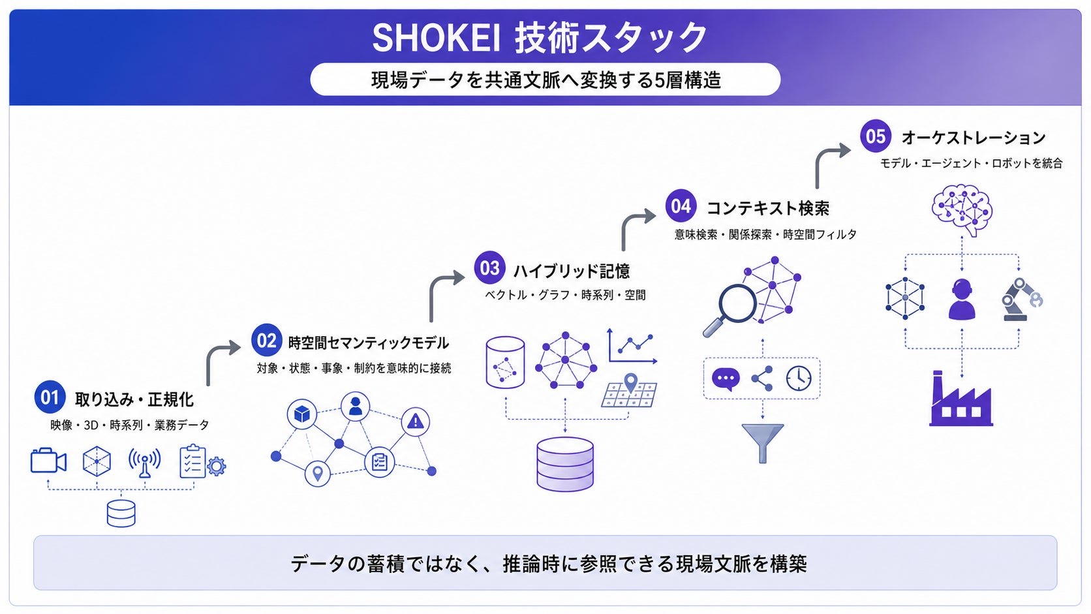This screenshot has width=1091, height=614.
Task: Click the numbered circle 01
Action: (50, 397)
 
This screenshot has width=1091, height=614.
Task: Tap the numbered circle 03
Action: (489, 268)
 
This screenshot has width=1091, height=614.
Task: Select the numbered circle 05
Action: (875, 136)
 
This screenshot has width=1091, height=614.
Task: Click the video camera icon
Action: (48, 461)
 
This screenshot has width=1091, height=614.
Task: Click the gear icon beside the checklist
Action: (216, 466)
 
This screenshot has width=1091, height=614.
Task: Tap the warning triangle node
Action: (415, 421)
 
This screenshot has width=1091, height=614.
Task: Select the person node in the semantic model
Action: (355, 406)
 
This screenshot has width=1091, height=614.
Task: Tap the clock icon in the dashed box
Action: (799, 378)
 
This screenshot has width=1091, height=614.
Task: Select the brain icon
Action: (962, 210)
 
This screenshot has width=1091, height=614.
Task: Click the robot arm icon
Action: (1021, 299)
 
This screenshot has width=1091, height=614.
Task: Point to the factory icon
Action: (960, 399)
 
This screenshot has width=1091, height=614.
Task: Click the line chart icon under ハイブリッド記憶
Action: (632, 346)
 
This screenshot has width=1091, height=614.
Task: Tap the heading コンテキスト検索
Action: (767, 208)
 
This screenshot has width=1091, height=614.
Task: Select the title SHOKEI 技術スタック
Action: (539, 37)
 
